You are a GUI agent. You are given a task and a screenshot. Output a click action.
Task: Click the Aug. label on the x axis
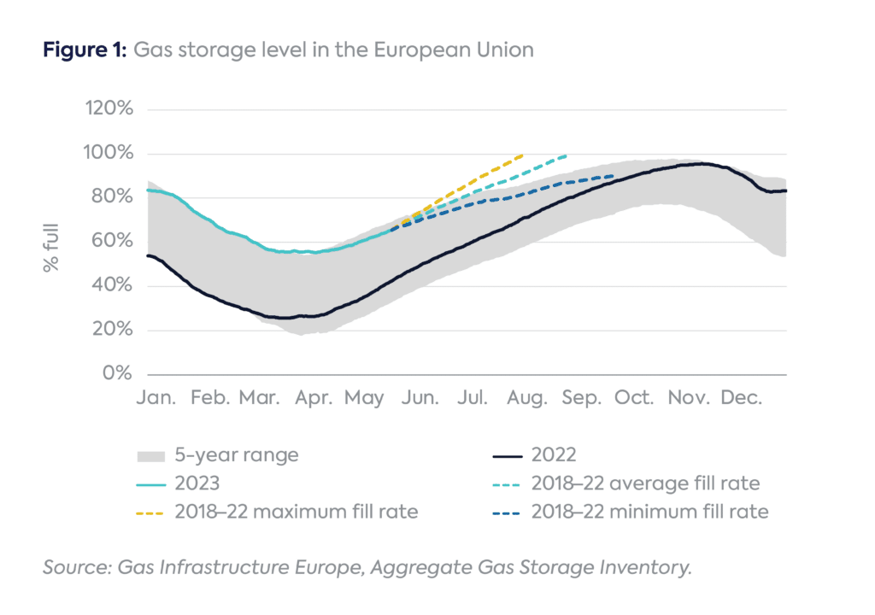coord(526,399)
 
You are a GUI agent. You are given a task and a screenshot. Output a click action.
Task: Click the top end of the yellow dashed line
coord(521,155)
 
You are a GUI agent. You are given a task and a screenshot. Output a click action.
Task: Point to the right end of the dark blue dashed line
coord(613,176)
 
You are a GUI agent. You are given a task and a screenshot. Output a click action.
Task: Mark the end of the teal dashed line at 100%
coord(566,155)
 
